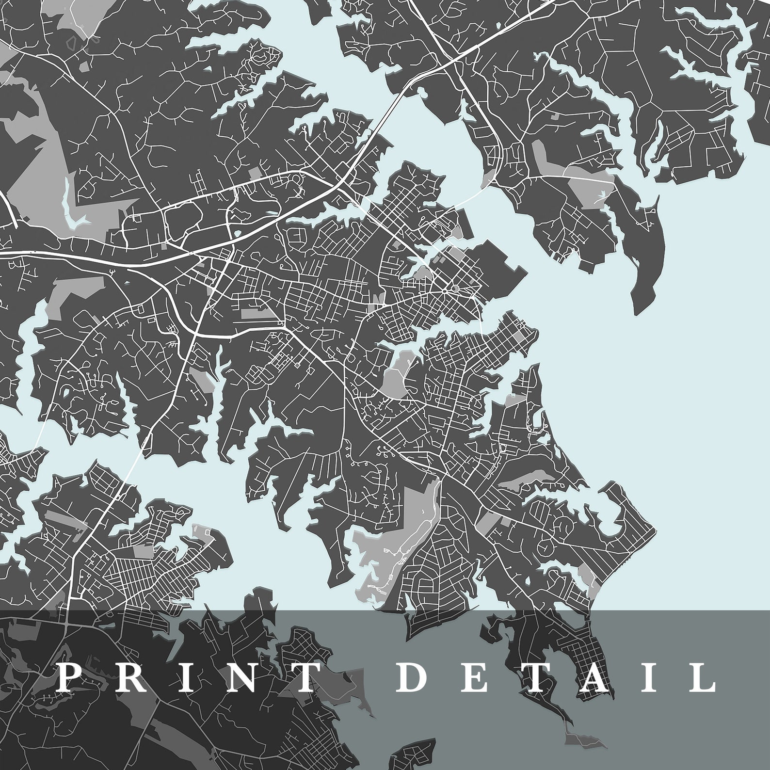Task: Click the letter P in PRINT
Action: [69, 677]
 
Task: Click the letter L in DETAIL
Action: [698, 677]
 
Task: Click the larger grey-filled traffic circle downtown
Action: [454, 289]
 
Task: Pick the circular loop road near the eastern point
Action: [547, 547]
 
